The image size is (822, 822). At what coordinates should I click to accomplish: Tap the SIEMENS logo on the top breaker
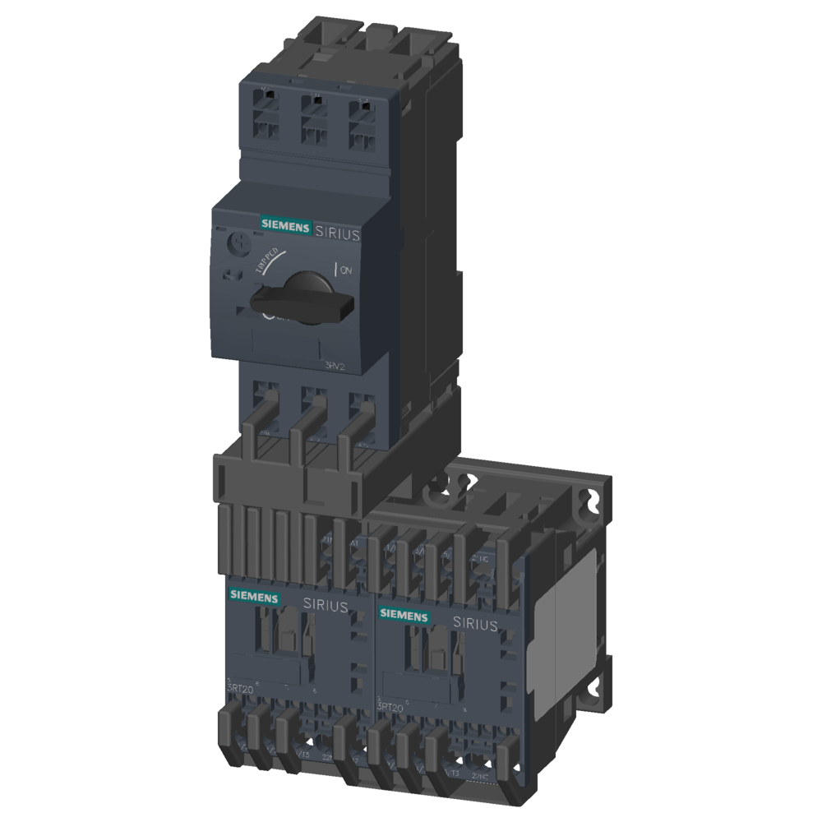pyautogui.click(x=285, y=224)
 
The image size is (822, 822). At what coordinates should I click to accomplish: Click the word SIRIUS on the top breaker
pyautogui.click(x=337, y=233)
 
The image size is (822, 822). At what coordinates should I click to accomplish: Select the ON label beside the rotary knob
pyautogui.click(x=344, y=269)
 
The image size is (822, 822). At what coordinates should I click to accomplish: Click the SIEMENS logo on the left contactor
pyautogui.click(x=253, y=596)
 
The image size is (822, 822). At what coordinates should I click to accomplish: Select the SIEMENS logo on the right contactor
pyautogui.click(x=403, y=616)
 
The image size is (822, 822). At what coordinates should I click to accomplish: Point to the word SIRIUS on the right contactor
pyautogui.click(x=475, y=625)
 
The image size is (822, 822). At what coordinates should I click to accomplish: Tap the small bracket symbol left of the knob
pyautogui.click(x=231, y=275)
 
